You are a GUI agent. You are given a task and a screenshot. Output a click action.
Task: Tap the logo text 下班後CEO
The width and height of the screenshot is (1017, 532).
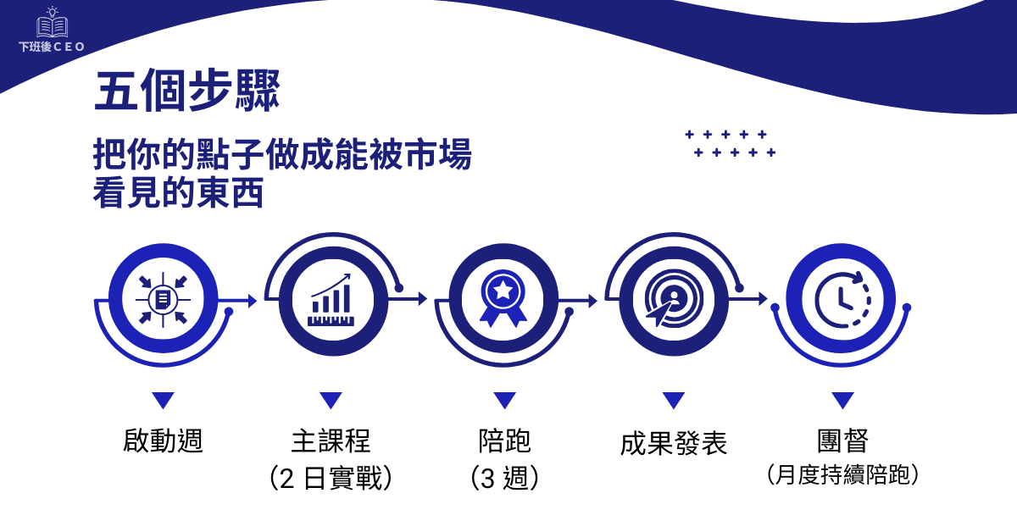(52, 47)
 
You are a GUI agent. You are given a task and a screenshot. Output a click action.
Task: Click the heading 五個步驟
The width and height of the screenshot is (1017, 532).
(186, 91)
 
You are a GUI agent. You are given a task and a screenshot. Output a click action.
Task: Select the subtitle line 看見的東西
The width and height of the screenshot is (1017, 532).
(178, 192)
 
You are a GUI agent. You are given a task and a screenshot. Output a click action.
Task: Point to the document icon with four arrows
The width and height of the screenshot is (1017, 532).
(163, 299)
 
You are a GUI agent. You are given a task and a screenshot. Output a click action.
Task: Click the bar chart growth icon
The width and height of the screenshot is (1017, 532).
(331, 300)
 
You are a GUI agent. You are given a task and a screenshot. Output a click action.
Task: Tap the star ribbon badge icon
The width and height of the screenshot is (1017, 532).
(503, 299)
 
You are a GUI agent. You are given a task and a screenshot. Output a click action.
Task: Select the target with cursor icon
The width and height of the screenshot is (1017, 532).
(672, 299)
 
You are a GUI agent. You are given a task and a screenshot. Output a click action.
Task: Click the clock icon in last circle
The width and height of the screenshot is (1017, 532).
(842, 299)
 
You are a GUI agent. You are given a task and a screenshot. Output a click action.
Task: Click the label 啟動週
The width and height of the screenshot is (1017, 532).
(163, 441)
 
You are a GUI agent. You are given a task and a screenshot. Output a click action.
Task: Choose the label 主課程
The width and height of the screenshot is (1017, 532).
(331, 441)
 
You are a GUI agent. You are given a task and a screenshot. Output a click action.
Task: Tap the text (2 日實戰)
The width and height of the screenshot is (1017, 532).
(331, 478)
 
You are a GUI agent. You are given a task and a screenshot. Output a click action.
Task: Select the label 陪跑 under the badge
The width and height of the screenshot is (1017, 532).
(504, 441)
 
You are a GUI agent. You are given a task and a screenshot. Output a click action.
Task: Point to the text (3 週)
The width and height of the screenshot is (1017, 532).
(504, 478)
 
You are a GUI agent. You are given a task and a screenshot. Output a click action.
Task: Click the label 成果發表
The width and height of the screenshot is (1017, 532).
(673, 443)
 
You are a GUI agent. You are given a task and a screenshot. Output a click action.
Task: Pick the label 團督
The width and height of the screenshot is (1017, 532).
(842, 441)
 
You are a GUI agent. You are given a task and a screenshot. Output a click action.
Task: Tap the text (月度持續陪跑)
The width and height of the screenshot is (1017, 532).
(842, 474)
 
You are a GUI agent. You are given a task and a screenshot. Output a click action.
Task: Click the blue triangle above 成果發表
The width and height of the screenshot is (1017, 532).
(674, 400)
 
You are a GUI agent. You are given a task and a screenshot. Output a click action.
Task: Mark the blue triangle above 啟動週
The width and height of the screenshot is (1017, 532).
(163, 400)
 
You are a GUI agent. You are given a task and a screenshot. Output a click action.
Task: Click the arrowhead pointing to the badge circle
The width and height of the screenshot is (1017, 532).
(423, 299)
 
